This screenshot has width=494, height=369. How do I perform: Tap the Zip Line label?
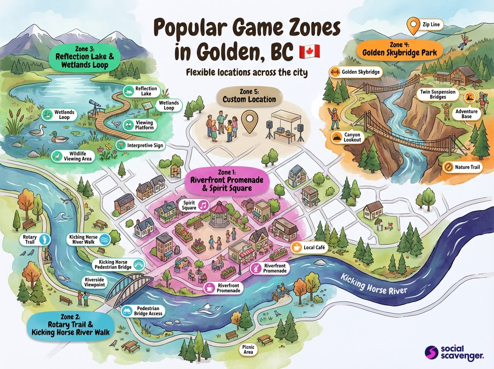424,25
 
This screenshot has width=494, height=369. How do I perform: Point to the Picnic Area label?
248,350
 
